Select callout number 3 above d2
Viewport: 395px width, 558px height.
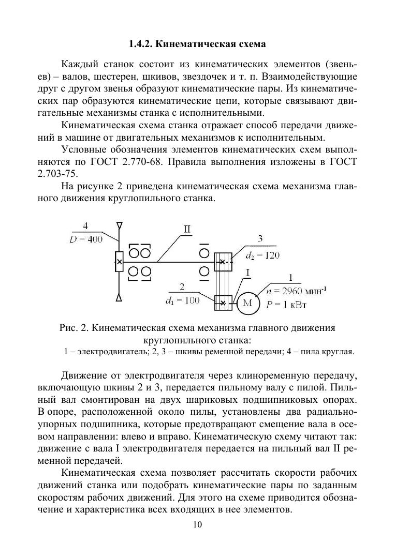coord(260,238)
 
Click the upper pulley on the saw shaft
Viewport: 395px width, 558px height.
coord(223,262)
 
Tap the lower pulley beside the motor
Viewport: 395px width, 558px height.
coord(223,303)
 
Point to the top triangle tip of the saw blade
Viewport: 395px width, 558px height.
coord(120,225)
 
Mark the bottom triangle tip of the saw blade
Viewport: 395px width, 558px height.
coord(120,298)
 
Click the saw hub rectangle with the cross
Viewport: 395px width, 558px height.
coord(119,262)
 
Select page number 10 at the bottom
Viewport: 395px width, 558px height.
coord(197,525)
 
